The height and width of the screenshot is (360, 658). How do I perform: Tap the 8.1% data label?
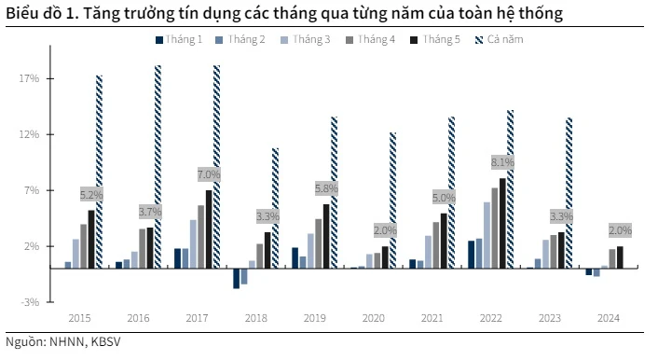(x=501, y=162)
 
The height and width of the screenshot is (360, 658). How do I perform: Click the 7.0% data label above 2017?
(x=209, y=174)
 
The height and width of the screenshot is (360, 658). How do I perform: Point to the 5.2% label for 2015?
(x=91, y=195)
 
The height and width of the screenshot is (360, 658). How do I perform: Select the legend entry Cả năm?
(x=503, y=39)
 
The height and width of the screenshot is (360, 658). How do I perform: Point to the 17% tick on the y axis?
(x=29, y=78)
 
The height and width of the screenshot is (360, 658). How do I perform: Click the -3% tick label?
(x=29, y=302)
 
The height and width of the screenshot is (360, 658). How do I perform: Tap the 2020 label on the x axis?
(x=373, y=319)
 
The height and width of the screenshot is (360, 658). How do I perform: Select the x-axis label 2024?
(x=607, y=319)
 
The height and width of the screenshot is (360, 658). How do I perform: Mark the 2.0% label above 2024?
(x=620, y=230)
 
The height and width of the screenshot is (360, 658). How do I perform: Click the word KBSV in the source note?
(x=105, y=341)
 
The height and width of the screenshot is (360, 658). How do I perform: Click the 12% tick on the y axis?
(x=29, y=134)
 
